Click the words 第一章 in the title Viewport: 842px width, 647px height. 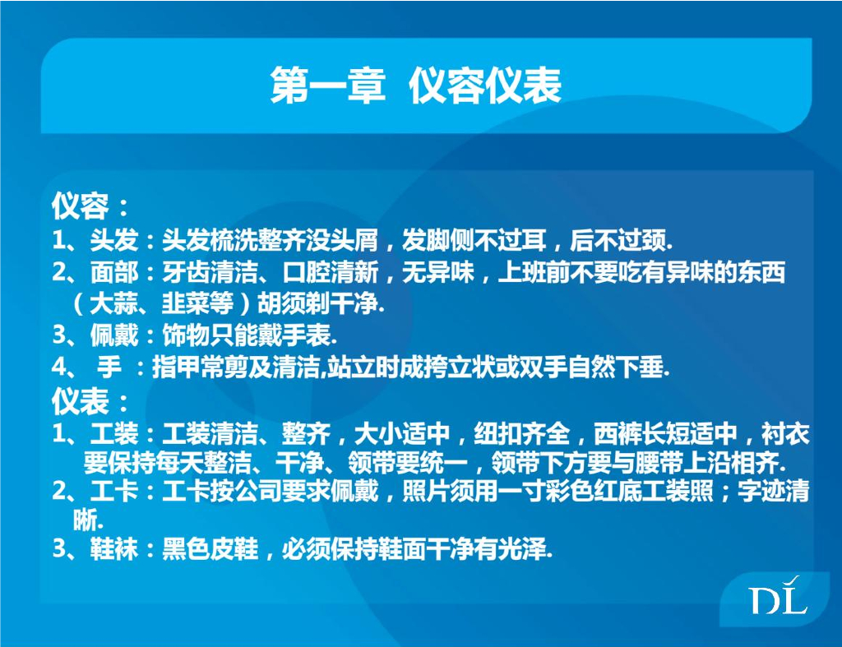click(328, 85)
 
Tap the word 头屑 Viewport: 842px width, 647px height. click(358, 241)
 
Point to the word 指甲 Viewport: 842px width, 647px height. click(171, 368)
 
